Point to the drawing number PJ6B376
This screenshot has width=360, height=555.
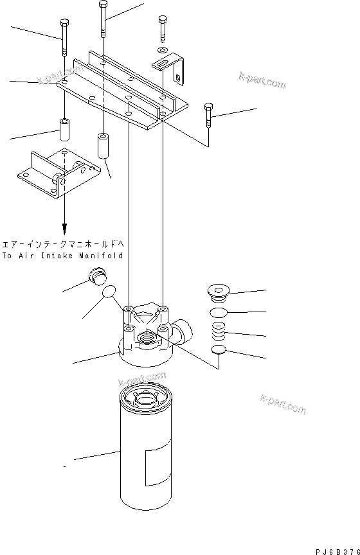pos(337,551)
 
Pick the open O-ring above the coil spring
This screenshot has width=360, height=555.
pos(220,312)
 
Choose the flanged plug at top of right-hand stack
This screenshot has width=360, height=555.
pos(220,293)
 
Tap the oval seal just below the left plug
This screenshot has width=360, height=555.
pos(110,292)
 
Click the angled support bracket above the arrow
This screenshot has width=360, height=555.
pos(58,172)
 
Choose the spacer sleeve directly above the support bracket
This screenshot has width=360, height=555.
pos(65,130)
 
